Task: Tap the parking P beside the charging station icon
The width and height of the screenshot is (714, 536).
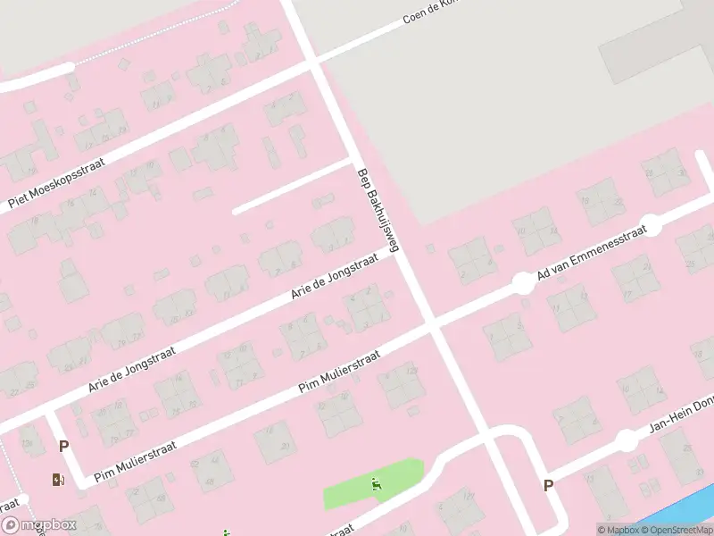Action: tap(63, 446)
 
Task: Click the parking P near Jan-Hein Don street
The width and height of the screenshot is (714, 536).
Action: tap(548, 485)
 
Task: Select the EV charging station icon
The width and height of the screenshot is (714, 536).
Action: tap(58, 480)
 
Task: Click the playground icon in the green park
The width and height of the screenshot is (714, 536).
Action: tap(377, 485)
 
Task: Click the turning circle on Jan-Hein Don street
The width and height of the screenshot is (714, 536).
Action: tap(627, 440)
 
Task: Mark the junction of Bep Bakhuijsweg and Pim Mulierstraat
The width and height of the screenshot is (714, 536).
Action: tap(433, 324)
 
